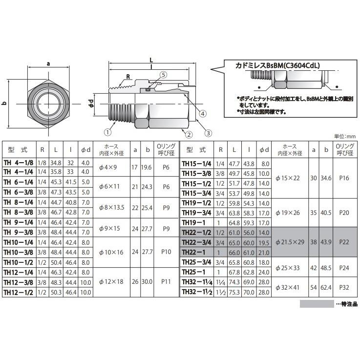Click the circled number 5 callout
pos(163,75)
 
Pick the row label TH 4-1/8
pos(20,163)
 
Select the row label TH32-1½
pos(197,292)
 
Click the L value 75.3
pos(235,292)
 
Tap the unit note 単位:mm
pos(346,137)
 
